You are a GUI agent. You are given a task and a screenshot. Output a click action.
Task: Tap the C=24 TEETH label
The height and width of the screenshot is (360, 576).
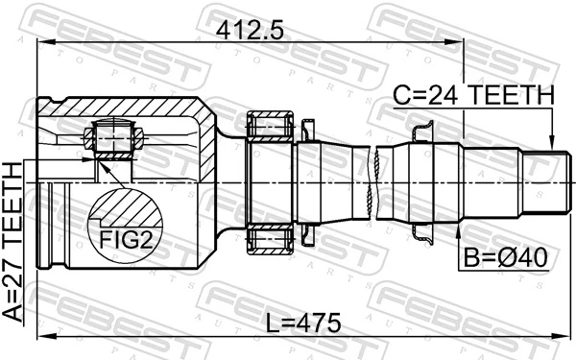tap(473, 96)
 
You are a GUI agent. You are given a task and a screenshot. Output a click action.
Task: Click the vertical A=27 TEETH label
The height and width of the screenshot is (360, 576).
tap(14, 246)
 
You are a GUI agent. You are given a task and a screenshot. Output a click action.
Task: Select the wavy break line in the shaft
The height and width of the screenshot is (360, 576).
tap(372, 182)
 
